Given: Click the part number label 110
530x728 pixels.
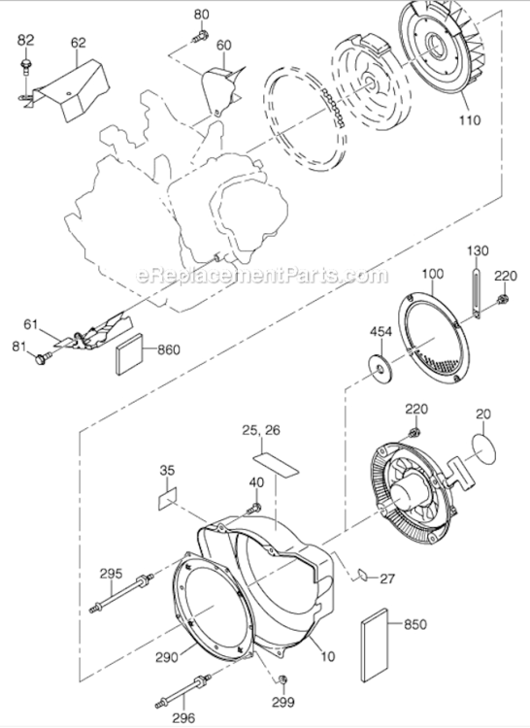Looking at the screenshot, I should click(470, 124).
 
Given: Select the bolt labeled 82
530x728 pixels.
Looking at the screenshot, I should click(25, 64).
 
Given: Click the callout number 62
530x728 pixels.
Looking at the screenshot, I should click(79, 43).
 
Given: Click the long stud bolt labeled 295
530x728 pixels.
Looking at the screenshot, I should click(122, 593).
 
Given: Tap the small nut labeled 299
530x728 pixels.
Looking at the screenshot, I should click(282, 677).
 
